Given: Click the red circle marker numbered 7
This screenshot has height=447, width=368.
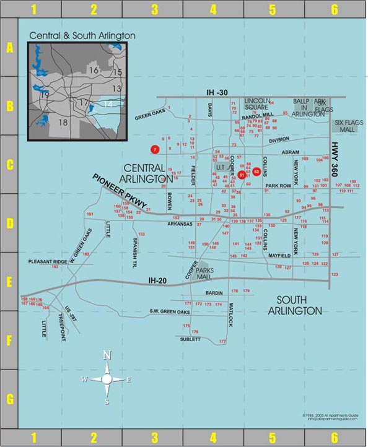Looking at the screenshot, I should pyautogui.click(x=156, y=149).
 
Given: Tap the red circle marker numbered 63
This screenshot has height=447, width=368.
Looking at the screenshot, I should pyautogui.click(x=256, y=171).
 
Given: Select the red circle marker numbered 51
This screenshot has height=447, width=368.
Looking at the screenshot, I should pyautogui.click(x=242, y=175).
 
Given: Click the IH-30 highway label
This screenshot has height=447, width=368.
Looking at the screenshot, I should pyautogui.click(x=217, y=92).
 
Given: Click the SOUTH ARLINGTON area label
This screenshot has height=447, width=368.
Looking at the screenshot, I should pyautogui.click(x=296, y=305).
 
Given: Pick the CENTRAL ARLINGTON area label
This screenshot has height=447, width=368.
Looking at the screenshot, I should pyautogui.click(x=144, y=173).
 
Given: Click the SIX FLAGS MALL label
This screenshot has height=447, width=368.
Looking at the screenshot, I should pyautogui.click(x=348, y=126).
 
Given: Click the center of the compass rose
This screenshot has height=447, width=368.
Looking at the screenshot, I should pyautogui.click(x=107, y=379).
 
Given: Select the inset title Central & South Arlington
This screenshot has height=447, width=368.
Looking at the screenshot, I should pyautogui.click(x=82, y=36).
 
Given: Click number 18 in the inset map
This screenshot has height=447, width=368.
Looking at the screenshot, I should pyautogui.click(x=62, y=122).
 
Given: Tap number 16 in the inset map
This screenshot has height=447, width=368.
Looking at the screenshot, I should pyautogui.click(x=94, y=71).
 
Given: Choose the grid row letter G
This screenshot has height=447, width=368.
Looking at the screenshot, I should pyautogui.click(x=9, y=399).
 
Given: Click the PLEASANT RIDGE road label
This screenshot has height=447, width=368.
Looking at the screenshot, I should pyautogui.click(x=48, y=262).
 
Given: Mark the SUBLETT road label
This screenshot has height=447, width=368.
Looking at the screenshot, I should pyautogui.click(x=190, y=339).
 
